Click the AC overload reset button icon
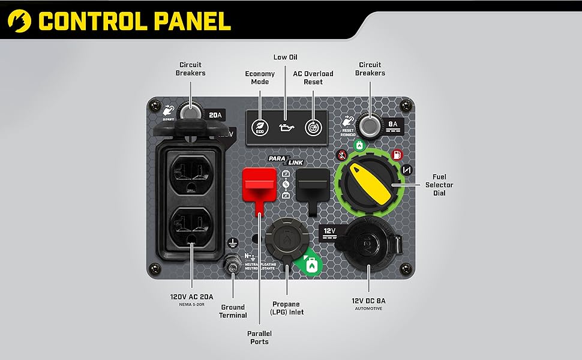[312, 127]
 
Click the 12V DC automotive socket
[366, 243]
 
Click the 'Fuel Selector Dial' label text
[439, 185]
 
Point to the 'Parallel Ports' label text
[259, 338]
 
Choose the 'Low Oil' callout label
[286, 57]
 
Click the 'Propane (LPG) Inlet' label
[288, 308]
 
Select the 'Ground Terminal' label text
[233, 311]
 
